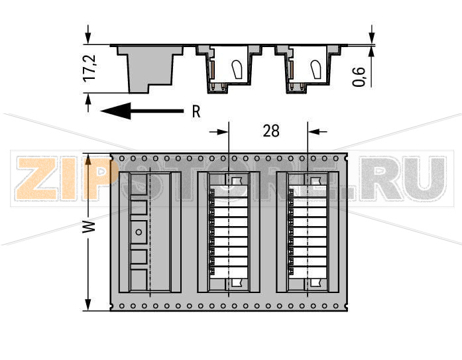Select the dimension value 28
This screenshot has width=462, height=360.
271,131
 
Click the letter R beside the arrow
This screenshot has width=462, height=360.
196,112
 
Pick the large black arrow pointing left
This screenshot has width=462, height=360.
143,111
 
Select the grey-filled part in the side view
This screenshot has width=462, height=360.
150,66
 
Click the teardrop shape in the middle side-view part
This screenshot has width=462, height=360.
237,68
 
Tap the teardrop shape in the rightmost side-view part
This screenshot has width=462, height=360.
316,68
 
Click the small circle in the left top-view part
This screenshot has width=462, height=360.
139,231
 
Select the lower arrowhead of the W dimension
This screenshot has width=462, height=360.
88,304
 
